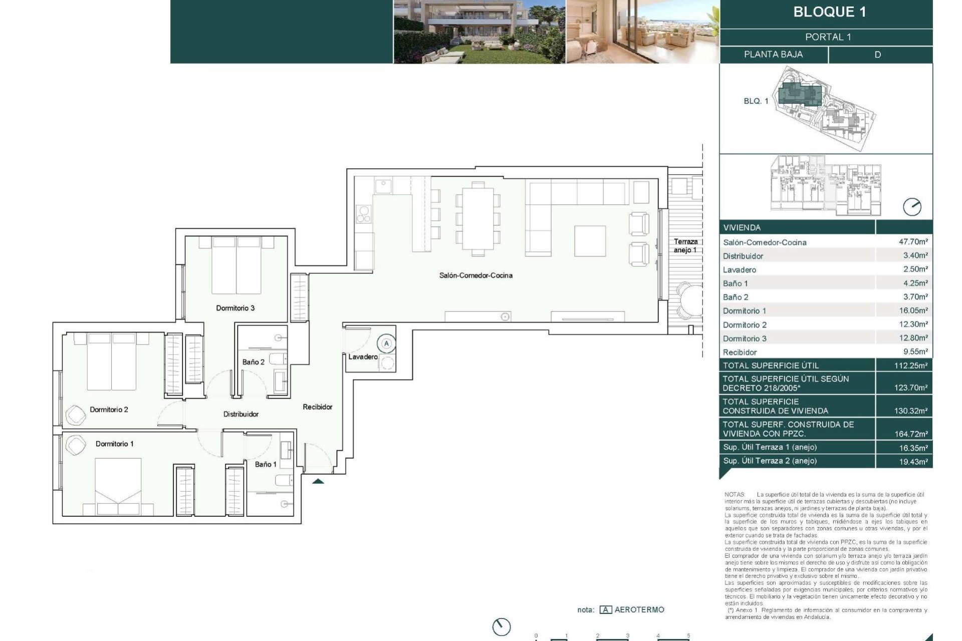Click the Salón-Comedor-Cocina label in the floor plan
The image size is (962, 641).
click(x=475, y=275)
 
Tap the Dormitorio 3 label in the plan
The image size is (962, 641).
click(x=235, y=308)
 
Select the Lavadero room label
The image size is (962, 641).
click(x=363, y=357)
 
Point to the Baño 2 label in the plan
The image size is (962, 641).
click(x=253, y=362)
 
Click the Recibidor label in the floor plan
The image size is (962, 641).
click(x=317, y=407)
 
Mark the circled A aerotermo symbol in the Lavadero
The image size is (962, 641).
click(x=386, y=344)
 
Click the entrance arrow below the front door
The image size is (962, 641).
click(x=318, y=482)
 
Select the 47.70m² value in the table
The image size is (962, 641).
click(x=913, y=241)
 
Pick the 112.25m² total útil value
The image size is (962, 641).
click(x=910, y=366)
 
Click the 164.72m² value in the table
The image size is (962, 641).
click(x=910, y=434)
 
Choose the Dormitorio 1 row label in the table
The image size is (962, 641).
click(x=744, y=311)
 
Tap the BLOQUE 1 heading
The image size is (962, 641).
click(x=829, y=12)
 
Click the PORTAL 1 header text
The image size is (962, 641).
click(x=828, y=37)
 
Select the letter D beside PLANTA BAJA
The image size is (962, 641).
click(x=877, y=55)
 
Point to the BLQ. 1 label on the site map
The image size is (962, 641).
click(x=756, y=101)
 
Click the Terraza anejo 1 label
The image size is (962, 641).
click(x=685, y=245)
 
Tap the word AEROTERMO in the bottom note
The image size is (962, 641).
click(x=639, y=609)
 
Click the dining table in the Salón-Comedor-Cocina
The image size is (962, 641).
click(x=477, y=219)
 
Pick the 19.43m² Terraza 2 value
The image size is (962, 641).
click(x=913, y=461)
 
